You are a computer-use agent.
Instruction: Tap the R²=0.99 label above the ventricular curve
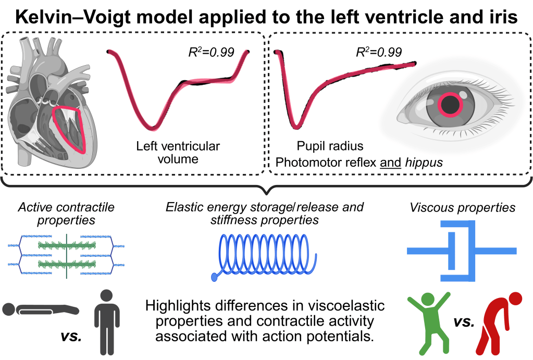coord(210,52)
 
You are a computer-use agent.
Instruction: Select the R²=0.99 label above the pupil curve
coord(379,52)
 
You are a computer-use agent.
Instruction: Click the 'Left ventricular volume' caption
coord(178,152)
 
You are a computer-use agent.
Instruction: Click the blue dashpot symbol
coord(461,251)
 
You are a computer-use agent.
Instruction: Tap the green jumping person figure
coord(428,319)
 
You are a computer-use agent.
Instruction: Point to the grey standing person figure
coord(108,321)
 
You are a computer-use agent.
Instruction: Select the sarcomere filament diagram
coord(66,254)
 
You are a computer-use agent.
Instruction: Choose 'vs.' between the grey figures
coord(68,336)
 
